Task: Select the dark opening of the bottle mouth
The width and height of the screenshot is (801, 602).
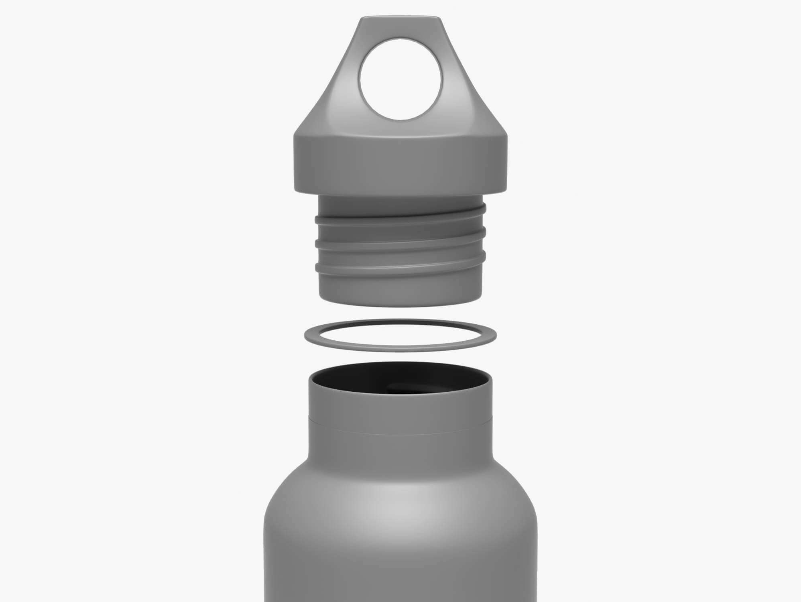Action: tap(400, 383)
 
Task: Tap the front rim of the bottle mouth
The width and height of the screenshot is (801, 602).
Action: tap(400, 397)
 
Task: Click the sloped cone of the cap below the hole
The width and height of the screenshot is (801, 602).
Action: tap(400, 128)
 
